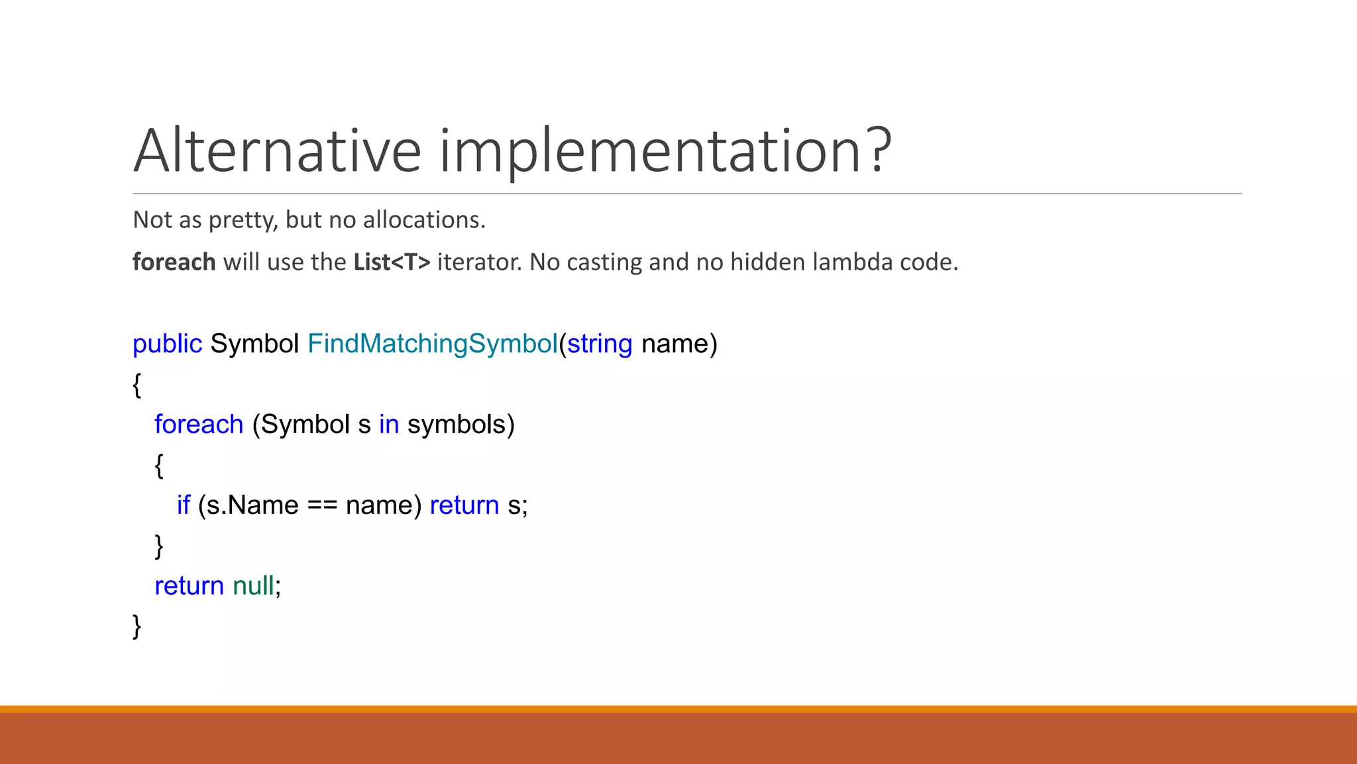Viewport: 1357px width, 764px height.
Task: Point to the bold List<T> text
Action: [392, 262]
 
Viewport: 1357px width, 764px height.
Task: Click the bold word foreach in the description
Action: [174, 262]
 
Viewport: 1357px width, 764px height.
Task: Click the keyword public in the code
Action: [167, 344]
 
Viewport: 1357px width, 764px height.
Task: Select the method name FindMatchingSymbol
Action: [433, 344]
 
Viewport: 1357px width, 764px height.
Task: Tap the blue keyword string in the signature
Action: [600, 344]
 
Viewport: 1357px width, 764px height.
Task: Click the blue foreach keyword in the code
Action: [199, 424]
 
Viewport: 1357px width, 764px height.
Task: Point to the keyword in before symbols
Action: [389, 424]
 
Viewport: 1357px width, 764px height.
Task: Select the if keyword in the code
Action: [183, 505]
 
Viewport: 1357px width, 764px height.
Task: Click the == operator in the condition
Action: [322, 505]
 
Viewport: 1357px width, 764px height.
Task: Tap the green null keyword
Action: [253, 586]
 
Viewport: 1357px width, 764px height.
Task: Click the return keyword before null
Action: [189, 586]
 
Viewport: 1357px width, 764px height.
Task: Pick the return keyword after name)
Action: [464, 505]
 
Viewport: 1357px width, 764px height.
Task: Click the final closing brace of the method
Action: [136, 626]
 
